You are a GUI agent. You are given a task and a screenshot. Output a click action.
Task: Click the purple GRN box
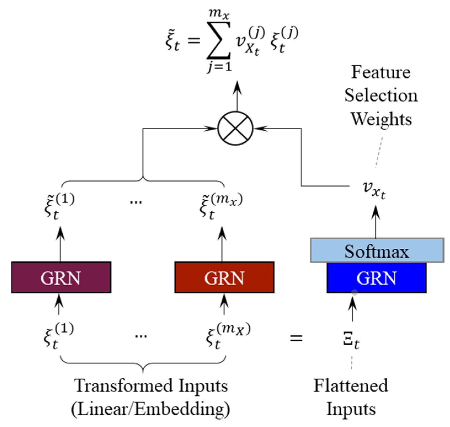tap(61, 277)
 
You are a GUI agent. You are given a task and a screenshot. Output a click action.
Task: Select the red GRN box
tap(224, 277)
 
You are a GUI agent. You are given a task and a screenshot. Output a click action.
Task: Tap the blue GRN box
tap(376, 278)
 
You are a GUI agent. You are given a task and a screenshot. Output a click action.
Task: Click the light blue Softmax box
tap(377, 250)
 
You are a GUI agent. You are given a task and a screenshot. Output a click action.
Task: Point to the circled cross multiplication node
tap(235, 128)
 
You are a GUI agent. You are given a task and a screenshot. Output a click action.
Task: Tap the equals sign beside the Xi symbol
tap(296, 338)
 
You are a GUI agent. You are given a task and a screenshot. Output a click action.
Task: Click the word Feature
tap(381, 72)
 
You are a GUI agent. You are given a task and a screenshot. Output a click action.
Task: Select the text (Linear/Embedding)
tap(151, 409)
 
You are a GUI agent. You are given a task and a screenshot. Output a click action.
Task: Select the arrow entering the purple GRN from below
tap(59, 304)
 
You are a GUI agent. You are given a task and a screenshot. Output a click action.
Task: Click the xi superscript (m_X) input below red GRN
tap(228, 336)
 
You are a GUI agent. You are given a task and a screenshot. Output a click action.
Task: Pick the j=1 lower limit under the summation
tap(219, 67)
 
